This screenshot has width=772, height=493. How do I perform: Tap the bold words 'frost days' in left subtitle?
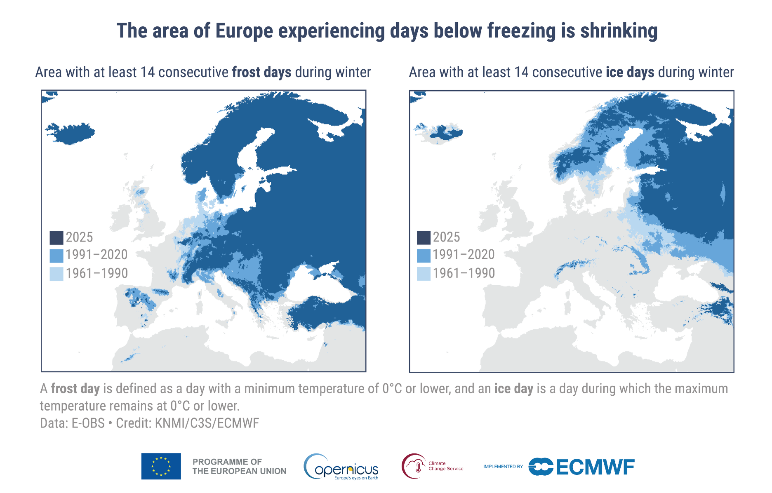tap(261, 72)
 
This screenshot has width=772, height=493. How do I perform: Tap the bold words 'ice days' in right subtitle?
tap(630, 72)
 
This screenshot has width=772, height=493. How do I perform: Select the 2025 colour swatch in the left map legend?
tap(56, 238)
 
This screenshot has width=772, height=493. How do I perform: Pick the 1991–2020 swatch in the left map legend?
tap(56, 256)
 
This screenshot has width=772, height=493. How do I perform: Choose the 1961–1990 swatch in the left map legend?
tap(56, 274)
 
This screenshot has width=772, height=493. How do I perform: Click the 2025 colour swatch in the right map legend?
tap(424, 238)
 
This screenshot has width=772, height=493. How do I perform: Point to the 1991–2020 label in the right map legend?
tap(464, 255)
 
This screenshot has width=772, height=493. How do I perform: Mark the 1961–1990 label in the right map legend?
tap(464, 273)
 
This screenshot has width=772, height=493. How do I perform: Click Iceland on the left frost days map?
tap(74, 133)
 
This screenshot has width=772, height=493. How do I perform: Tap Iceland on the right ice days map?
tap(441, 133)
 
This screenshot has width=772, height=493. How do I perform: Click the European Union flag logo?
tap(161, 466)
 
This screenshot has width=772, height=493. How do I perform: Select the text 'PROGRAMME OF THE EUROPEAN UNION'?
tap(239, 466)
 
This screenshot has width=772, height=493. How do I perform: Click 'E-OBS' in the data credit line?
tap(88, 423)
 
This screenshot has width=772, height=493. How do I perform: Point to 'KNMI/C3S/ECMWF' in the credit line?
tap(207, 423)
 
